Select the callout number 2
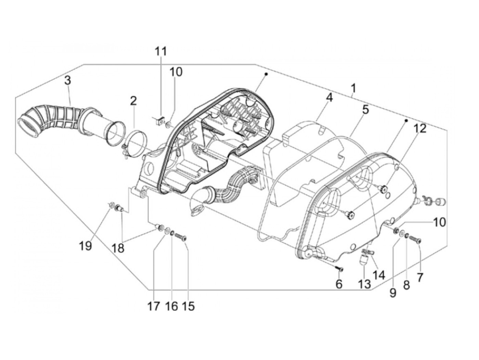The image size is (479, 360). coord(133,101)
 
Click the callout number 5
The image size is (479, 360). coord(365,110)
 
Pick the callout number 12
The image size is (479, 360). coord(420,129)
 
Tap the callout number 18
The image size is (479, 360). coord(118,247)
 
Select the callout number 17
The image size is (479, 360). coord(154,306)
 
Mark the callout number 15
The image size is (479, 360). coord(189,306)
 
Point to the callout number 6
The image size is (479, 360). coord(339,284)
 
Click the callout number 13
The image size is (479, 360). coord(365,284)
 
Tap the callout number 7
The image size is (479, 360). coord(419,277)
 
